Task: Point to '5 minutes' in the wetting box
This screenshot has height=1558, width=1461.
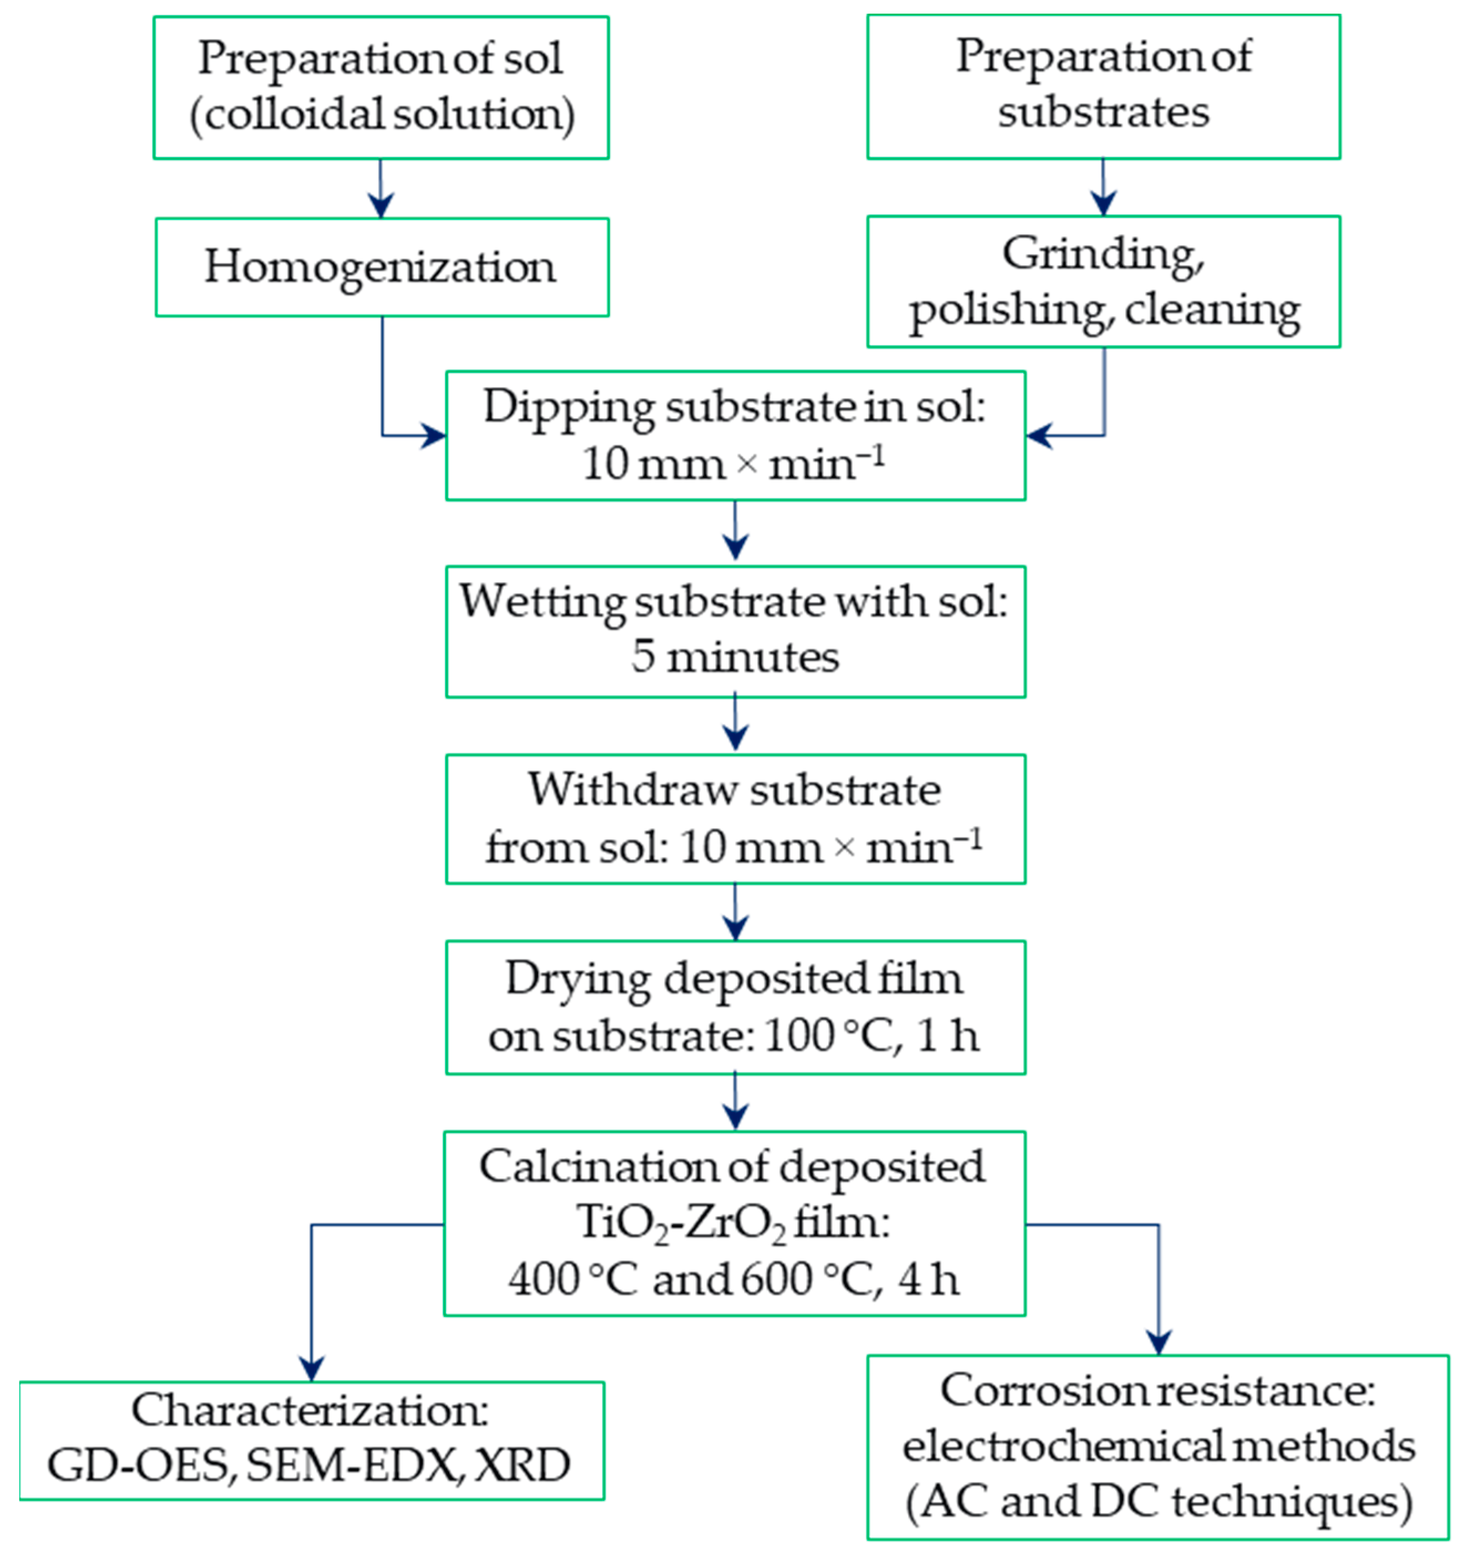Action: point(735,657)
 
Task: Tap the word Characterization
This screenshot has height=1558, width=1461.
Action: point(310,1411)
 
